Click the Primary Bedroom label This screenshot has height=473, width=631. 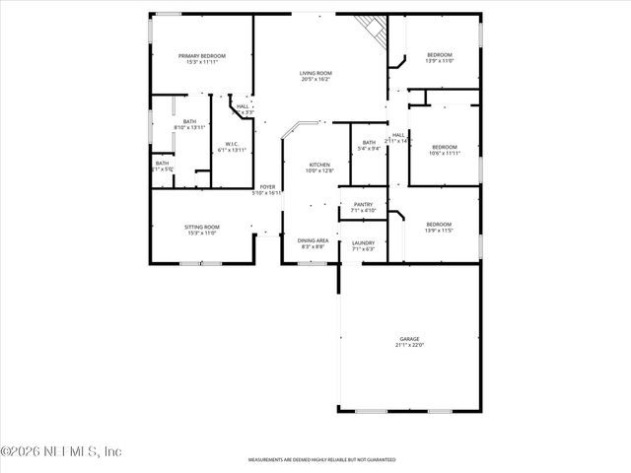202,56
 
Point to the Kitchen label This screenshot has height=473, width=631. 319,165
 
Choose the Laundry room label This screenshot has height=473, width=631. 364,242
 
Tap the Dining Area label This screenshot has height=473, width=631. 313,240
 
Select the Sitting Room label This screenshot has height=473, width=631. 201,227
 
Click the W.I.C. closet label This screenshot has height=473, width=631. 232,144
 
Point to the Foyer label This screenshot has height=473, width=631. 267,187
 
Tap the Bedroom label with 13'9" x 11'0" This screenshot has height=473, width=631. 439,54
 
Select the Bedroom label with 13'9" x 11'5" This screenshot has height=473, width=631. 439,224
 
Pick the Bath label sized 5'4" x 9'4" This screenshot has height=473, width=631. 369,143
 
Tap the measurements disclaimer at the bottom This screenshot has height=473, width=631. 321,460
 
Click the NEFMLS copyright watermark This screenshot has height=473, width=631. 61,451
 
